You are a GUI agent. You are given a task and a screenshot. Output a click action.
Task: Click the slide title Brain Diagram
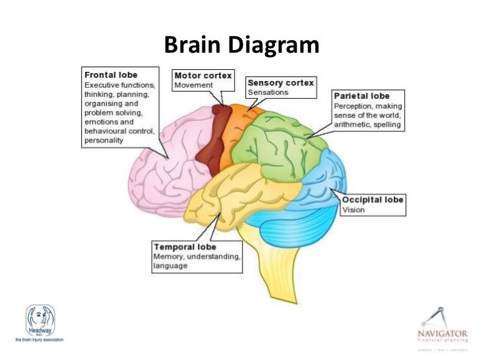pos(240,45)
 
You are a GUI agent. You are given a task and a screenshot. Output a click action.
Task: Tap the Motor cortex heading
pos(202,75)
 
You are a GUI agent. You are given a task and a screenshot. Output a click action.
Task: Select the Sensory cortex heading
pos(280,83)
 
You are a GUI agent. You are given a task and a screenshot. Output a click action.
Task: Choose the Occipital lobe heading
pos(372,199)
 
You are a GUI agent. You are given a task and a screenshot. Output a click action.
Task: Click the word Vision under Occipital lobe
pos(353,210)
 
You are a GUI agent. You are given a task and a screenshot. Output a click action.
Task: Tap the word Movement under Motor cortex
pos(194,85)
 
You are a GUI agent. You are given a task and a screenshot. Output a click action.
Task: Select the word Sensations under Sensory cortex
pos(268,93)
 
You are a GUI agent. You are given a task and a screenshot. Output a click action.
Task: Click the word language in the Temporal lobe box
pos(171,266)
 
